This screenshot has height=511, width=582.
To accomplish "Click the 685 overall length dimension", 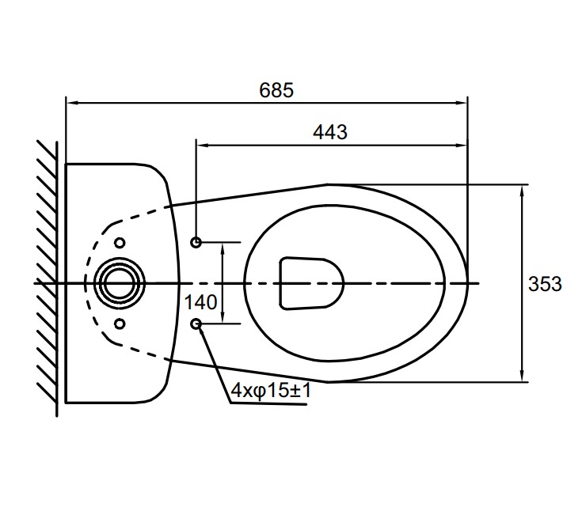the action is pos(276,90).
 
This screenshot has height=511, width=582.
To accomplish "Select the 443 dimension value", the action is pos(330,132).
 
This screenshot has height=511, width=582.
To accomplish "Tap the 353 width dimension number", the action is pos(545,284).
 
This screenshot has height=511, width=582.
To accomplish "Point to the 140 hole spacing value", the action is pos(200,302).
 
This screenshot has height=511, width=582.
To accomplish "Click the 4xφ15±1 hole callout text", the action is pos(271,390).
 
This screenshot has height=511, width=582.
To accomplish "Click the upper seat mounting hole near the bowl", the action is pos(196,243).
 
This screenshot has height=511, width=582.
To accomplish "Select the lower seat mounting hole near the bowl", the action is pos(196,324).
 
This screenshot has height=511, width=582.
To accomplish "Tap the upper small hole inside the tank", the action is pos(120,243).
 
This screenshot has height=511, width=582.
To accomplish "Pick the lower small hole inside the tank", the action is pos(120,324).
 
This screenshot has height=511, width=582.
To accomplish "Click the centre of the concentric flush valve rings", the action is pos(119,283).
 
